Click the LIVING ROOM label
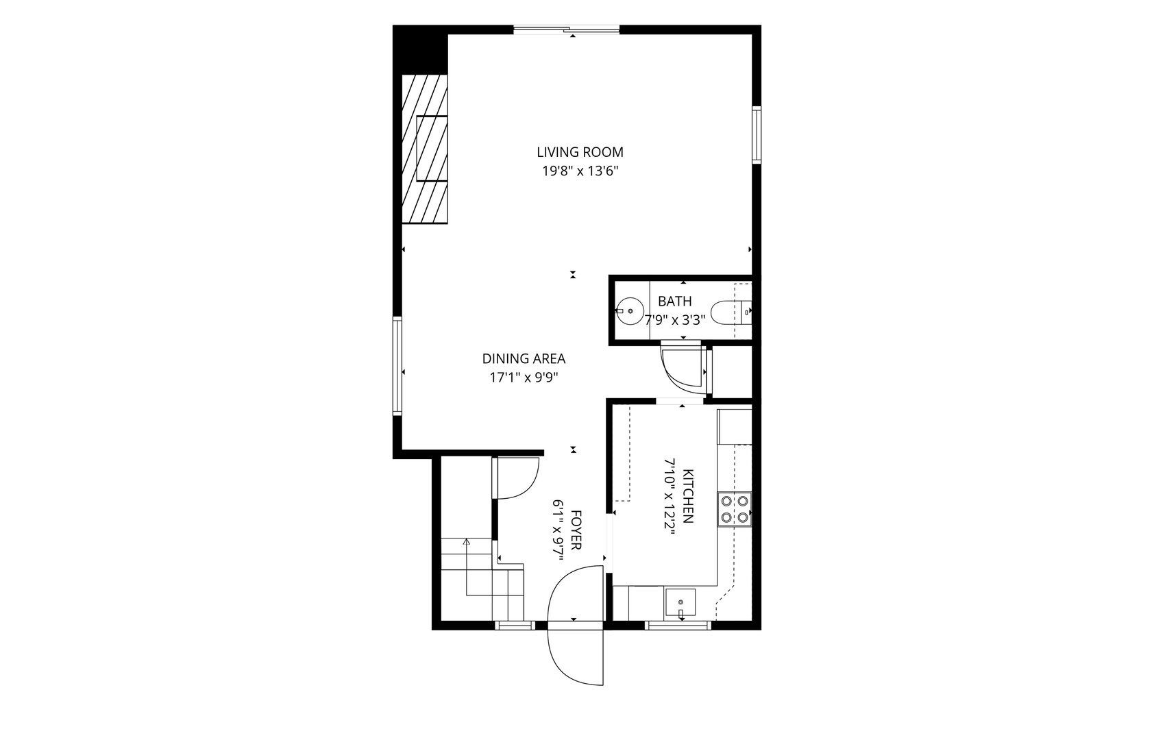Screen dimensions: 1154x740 [580, 152]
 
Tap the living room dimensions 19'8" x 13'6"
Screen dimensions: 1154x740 [580, 171]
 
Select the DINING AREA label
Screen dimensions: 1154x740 [524, 358]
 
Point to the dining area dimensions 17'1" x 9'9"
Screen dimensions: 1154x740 [524, 378]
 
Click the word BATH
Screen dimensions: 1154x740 [675, 301]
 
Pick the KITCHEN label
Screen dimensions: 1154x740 [688, 496]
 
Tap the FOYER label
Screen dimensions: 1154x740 [576, 530]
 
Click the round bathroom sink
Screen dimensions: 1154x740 [630, 312]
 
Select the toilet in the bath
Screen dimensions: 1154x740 [731, 312]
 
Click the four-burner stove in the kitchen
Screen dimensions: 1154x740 [735, 509]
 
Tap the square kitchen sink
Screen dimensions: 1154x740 [680, 602]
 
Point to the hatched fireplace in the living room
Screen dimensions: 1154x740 [424, 149]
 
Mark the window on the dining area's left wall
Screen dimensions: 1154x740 [397, 366]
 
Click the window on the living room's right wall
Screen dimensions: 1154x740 [757, 135]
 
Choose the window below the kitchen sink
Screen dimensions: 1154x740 [678, 626]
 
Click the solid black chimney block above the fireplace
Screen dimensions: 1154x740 [420, 50]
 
